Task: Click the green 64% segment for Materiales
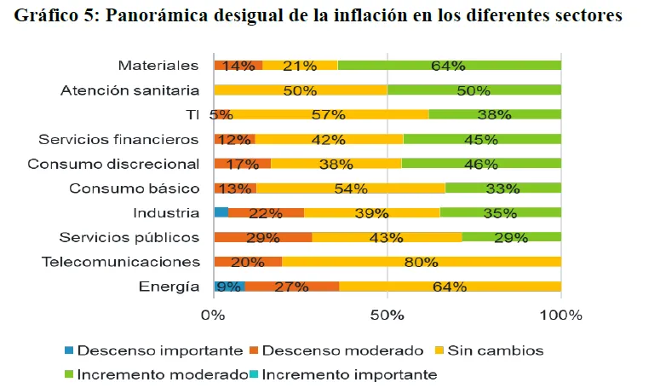click(x=449, y=66)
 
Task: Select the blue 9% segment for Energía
click(x=229, y=287)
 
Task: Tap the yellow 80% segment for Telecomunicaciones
click(x=421, y=262)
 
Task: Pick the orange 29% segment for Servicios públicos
click(x=262, y=237)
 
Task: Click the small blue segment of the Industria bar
click(x=221, y=212)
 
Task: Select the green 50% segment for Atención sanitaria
click(x=474, y=90)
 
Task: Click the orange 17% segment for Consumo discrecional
click(x=243, y=164)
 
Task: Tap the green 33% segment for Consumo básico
click(x=502, y=188)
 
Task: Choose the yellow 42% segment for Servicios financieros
click(x=329, y=139)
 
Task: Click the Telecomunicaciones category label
click(x=120, y=262)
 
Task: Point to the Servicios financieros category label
click(x=118, y=139)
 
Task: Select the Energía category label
click(x=169, y=287)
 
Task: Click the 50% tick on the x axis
click(x=387, y=316)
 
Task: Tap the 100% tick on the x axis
click(x=560, y=316)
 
